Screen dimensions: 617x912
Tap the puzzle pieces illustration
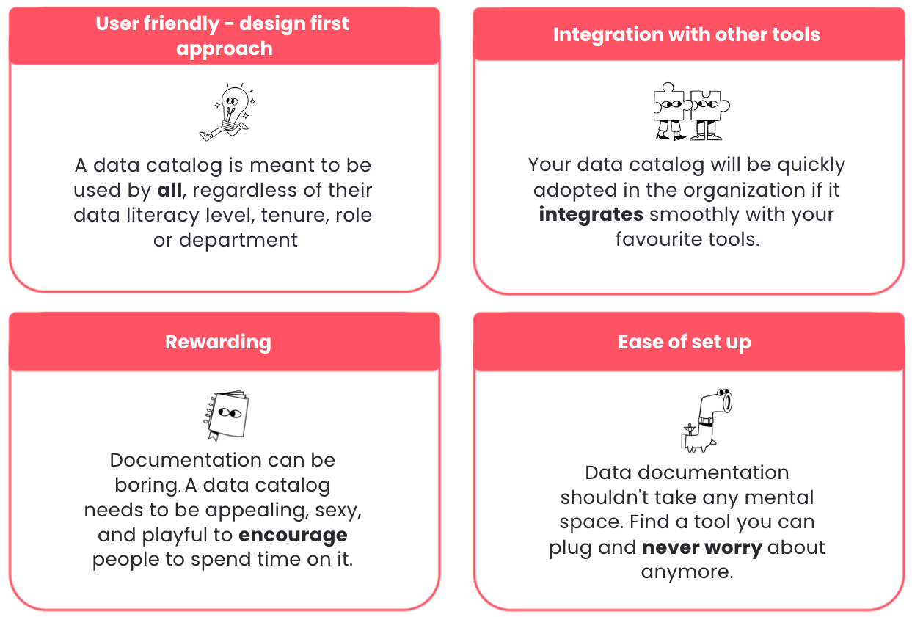tap(690, 112)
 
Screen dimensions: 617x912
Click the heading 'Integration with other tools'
tap(686, 34)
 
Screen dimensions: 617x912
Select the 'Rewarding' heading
tap(218, 342)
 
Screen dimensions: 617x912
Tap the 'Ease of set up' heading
tap(685, 342)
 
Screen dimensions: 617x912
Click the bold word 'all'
tap(169, 191)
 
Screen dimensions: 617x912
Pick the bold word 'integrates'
tap(591, 215)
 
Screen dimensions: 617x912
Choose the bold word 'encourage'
tap(293, 535)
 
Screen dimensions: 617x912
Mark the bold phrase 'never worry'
tap(702, 547)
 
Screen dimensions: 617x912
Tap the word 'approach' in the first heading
tap(224, 48)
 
